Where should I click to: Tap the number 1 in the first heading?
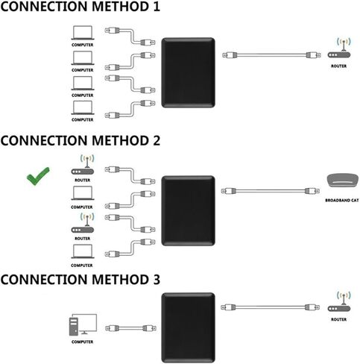point(156,6)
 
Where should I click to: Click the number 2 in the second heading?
point(156,140)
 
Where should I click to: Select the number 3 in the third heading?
point(156,279)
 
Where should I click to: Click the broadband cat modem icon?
point(343,181)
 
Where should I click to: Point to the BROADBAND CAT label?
point(342,200)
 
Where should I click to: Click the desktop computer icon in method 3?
point(83,324)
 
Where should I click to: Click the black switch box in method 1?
point(188,72)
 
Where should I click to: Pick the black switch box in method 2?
point(188,210)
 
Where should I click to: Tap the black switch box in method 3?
point(188,327)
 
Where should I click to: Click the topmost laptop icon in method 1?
point(83,33)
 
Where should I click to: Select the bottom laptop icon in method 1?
point(83,107)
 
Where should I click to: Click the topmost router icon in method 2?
point(83,165)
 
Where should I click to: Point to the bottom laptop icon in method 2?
point(83,251)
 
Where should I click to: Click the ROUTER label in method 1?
point(338,66)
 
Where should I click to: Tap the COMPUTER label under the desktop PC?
point(82,342)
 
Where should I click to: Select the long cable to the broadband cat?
point(270,191)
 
